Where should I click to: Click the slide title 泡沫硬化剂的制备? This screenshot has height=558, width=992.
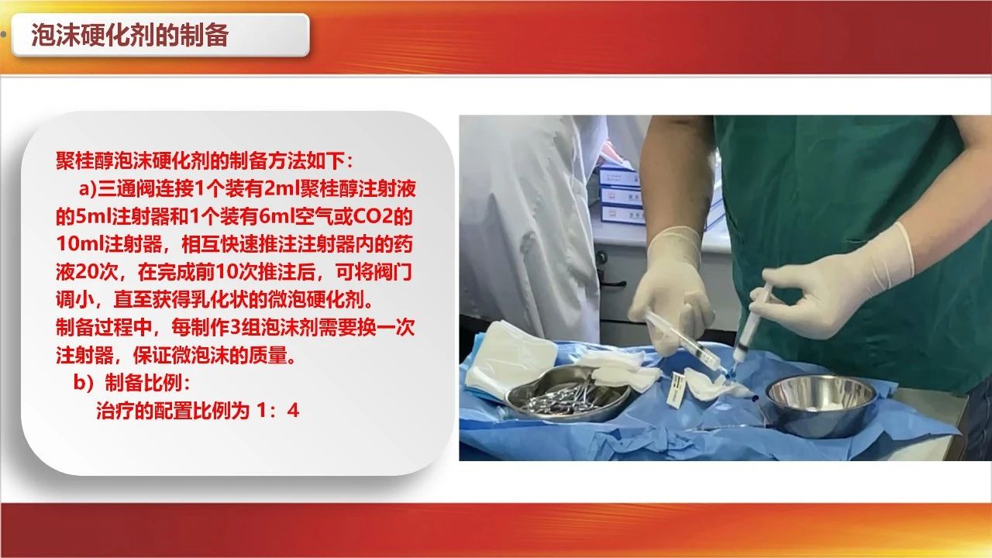point(129,35)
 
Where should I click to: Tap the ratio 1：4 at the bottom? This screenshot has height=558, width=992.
point(278,411)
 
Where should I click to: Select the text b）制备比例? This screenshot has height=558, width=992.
point(132,383)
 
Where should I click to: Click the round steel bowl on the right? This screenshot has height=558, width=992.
point(821,406)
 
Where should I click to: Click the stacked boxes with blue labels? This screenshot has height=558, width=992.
point(621,194)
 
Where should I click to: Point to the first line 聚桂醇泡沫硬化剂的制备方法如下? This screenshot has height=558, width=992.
point(205,161)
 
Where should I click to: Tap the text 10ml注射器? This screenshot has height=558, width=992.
point(109,244)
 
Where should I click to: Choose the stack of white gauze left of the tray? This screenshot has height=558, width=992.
point(509,359)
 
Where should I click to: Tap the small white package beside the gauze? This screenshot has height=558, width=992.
point(677,390)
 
